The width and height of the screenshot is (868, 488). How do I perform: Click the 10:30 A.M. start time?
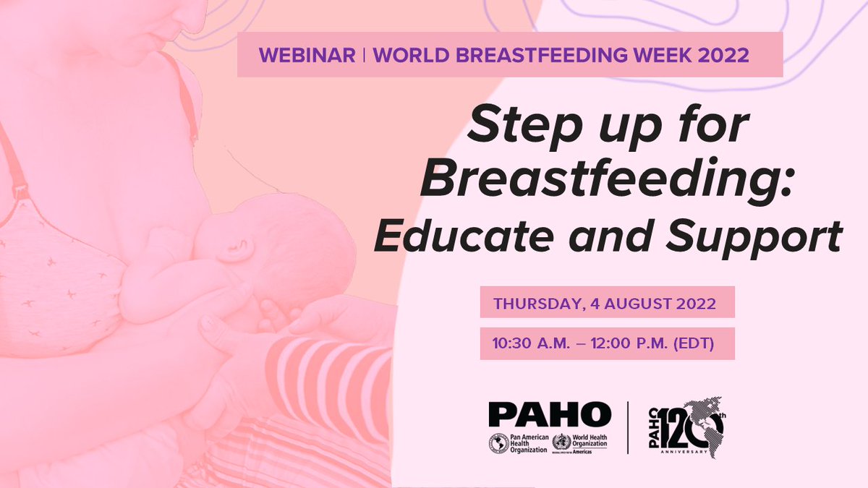(534, 344)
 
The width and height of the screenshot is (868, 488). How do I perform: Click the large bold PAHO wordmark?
(550, 414)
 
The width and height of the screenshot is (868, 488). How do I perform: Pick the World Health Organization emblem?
(561, 442)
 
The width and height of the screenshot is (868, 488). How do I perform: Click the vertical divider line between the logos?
(627, 427)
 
